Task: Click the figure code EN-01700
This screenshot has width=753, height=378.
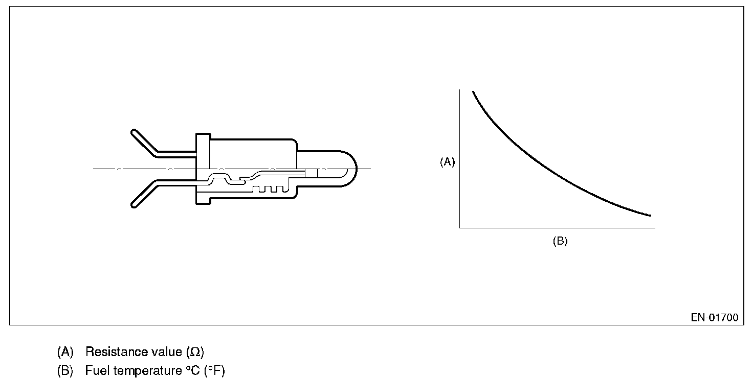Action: tap(714, 318)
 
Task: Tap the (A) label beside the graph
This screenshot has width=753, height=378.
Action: tap(448, 162)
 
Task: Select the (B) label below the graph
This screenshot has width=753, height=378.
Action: tap(560, 241)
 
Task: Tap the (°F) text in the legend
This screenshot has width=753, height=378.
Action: tap(214, 371)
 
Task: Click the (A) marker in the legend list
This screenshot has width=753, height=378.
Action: tap(65, 352)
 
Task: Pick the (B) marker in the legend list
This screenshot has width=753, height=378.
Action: tap(65, 371)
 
